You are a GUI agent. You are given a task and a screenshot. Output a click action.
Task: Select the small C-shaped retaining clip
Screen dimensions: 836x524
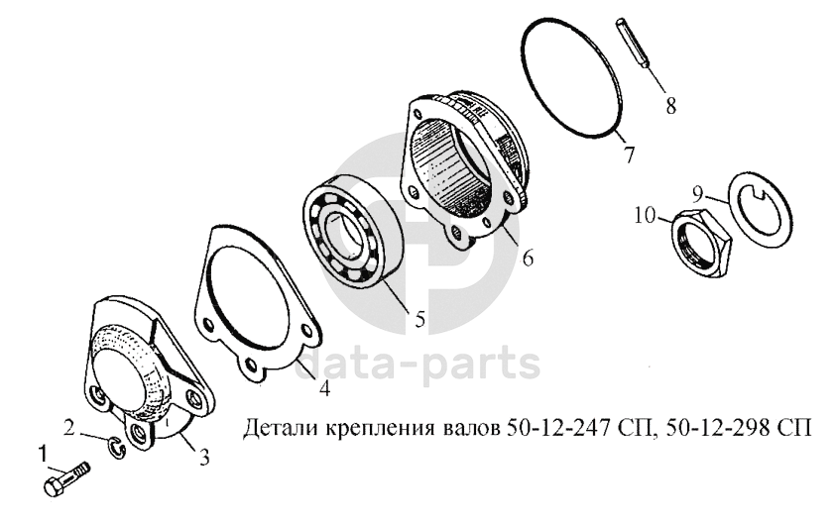pyautogui.click(x=118, y=447)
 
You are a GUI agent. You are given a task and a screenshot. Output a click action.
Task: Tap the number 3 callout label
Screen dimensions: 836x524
pyautogui.click(x=204, y=458)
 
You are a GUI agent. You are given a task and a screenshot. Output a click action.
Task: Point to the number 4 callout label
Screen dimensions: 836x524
pyautogui.click(x=324, y=387)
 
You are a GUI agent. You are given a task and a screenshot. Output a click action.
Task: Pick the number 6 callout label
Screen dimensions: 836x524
pyautogui.click(x=528, y=259)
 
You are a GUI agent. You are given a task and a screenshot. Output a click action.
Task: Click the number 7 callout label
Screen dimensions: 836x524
pyautogui.click(x=629, y=155)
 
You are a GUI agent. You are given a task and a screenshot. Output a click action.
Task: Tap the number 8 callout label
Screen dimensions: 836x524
pyautogui.click(x=670, y=105)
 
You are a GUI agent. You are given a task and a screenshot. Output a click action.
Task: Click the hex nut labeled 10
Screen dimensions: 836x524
pyautogui.click(x=700, y=243)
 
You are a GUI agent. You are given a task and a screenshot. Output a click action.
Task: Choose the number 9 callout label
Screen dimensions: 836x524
pyautogui.click(x=699, y=194)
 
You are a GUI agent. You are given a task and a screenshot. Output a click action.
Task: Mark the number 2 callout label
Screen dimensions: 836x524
pyautogui.click(x=69, y=428)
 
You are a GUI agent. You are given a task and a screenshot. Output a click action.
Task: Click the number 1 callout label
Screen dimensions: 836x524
pyautogui.click(x=42, y=456)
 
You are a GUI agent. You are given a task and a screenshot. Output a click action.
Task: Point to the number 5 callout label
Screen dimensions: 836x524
pyautogui.click(x=420, y=320)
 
